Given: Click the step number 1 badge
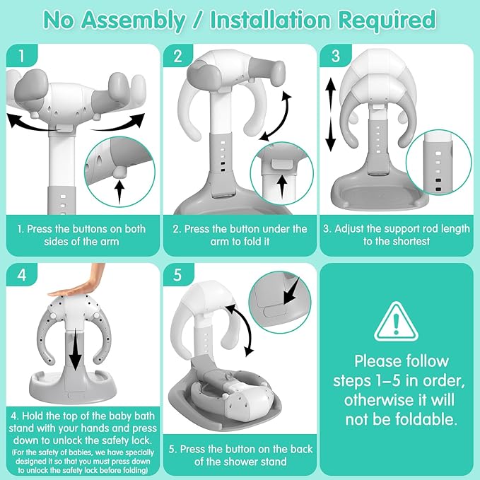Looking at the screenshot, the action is coord(21,56).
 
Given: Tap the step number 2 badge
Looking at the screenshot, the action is coord(178,56).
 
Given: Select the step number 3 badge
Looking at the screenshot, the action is coord(336,56).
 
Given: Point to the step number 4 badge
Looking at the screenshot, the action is coord(21,274).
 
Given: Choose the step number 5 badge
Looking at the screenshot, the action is coord(178,274).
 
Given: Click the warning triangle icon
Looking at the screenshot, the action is coord(396,322).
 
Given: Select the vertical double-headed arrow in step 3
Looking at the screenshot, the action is coord(331,115).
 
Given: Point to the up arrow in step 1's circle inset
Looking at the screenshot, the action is coord(119,192).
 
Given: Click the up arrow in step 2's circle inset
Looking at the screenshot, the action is coord(282,186).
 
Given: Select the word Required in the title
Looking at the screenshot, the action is coord(387,21).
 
